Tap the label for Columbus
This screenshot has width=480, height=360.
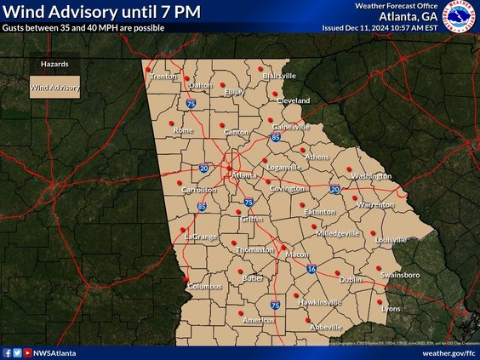[x=204, y=286]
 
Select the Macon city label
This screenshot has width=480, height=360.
[x=296, y=254]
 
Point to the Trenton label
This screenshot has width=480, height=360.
[x=163, y=77]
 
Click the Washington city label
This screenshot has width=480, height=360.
[x=370, y=176]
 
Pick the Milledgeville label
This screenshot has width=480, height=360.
[x=338, y=232]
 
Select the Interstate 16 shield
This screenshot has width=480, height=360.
[x=312, y=269]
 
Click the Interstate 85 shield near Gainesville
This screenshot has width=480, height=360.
[x=276, y=136]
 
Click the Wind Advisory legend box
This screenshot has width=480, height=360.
[x=55, y=87]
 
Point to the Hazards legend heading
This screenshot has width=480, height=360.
[x=54, y=64]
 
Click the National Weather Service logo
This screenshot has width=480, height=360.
[x=460, y=17]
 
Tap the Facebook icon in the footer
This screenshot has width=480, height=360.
[x=7, y=352]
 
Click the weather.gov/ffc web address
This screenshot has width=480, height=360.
[x=449, y=352]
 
